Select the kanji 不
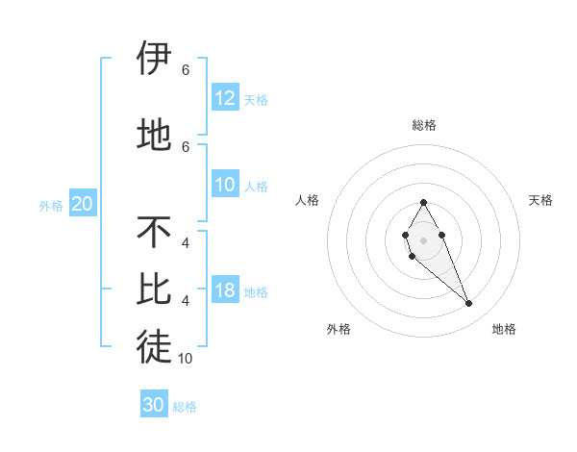click(154, 232)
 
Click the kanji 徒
click(154, 347)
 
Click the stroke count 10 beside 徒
click(186, 359)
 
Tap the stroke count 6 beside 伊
click(186, 70)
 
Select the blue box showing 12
click(225, 98)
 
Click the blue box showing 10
click(225, 185)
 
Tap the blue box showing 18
click(225, 290)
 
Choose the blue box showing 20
click(83, 204)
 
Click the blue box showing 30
click(154, 405)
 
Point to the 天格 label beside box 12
click(256, 99)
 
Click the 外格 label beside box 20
click(51, 205)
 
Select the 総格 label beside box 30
click(185, 407)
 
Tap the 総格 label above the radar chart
click(423, 125)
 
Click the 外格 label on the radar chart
click(339, 329)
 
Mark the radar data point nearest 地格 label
click(468, 304)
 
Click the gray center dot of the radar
click(423, 239)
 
